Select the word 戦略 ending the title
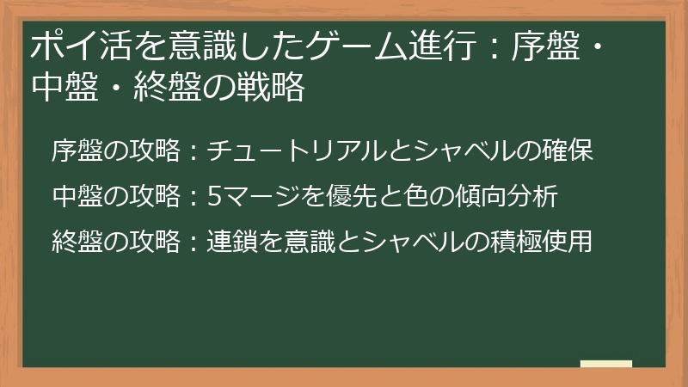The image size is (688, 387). coord(276,89)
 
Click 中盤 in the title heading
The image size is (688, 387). coord(58,89)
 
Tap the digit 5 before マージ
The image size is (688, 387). coord(214,197)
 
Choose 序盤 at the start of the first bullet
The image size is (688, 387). coord(74,151)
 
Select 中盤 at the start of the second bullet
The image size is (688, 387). coord(74,197)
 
